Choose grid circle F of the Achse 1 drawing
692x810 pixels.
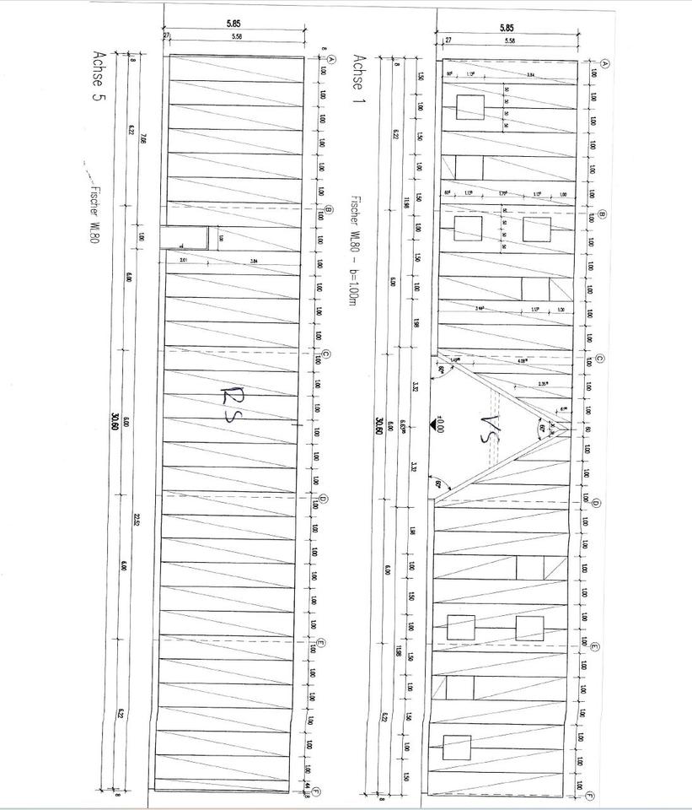pyautogui.click(x=590, y=796)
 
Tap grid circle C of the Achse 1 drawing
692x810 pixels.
pyautogui.click(x=599, y=358)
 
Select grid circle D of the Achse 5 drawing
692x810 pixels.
pyautogui.click(x=323, y=499)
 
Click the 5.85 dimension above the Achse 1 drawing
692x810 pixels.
pyautogui.click(x=506, y=28)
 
